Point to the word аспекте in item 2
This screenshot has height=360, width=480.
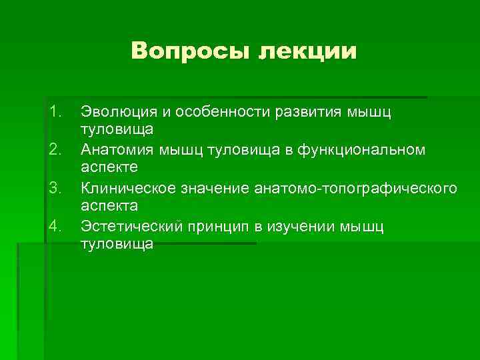click(x=109, y=165)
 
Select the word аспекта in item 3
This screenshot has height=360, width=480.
click(x=109, y=204)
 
